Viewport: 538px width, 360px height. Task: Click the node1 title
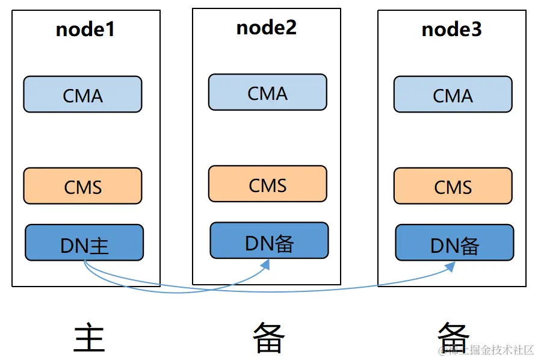point(85,29)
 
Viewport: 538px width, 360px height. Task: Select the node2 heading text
point(267,28)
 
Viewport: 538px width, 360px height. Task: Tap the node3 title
point(451,29)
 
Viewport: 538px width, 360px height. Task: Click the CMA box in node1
point(82,95)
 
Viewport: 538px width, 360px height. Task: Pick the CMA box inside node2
point(268,93)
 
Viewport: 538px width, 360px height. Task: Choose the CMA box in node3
point(453,95)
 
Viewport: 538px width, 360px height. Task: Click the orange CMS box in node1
point(82,187)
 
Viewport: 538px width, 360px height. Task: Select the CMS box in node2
point(268,184)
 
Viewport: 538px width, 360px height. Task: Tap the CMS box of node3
point(453,187)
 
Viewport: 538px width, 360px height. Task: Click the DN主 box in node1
point(84,243)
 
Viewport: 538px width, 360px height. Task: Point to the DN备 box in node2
point(269,241)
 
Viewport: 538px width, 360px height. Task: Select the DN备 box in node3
point(454,243)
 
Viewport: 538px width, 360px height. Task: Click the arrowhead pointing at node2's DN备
point(265,265)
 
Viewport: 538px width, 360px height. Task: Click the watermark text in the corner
point(487,350)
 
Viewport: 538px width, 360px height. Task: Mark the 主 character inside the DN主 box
point(99,246)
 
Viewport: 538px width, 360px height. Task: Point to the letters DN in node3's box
point(442,246)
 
